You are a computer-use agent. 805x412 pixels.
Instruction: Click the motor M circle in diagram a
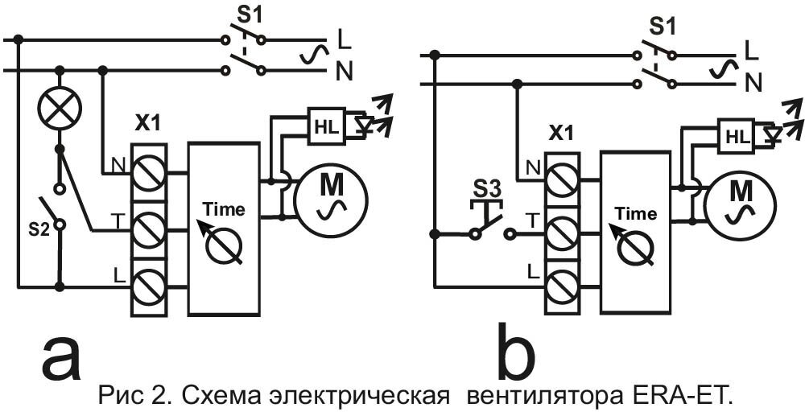pos(331,196)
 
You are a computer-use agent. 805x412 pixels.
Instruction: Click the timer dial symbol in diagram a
pos(223,245)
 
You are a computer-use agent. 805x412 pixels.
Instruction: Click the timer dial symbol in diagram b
pos(635,249)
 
